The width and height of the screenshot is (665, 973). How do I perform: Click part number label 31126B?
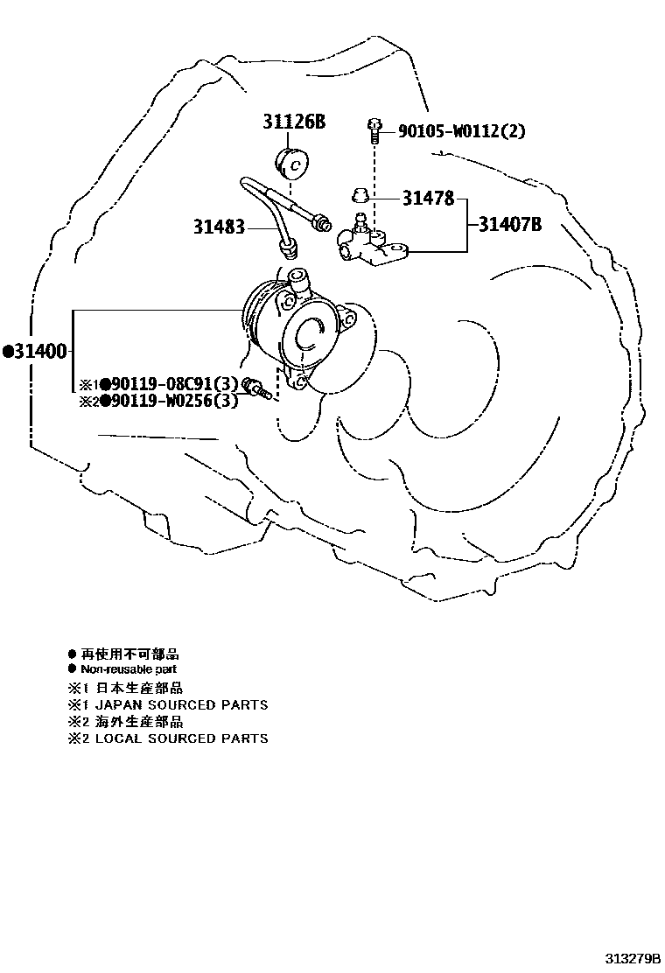coord(294,122)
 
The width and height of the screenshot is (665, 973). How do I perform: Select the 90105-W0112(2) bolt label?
coord(462,131)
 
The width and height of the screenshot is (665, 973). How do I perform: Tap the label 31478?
coord(428,199)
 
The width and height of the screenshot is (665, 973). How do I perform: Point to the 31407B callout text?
coord(510,225)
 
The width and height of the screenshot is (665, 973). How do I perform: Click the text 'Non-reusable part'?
coord(129,669)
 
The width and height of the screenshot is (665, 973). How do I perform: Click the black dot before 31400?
coord(8,352)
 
